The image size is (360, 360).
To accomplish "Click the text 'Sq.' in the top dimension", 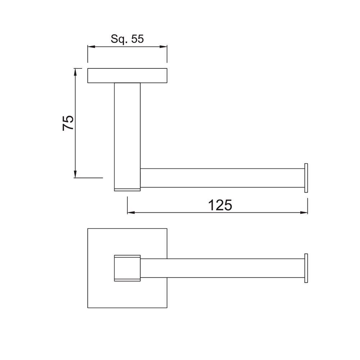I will (118, 39).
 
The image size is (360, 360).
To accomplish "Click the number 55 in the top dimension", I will (136, 39).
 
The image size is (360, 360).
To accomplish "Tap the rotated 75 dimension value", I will (68, 123).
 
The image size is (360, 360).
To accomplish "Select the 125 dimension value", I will (220, 205).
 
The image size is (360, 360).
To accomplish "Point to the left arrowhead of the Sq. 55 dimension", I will (91, 47).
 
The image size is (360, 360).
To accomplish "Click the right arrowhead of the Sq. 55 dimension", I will (164, 47).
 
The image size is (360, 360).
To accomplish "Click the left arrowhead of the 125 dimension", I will (130, 212).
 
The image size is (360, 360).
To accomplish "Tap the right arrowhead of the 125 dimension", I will (305, 212).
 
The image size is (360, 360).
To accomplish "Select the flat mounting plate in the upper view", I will (127, 76).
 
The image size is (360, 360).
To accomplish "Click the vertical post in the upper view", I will (127, 133).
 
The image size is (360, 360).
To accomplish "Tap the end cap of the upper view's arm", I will (306, 178).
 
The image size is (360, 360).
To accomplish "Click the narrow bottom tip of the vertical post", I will (127, 189).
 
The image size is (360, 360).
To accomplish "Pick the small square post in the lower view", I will (127, 268).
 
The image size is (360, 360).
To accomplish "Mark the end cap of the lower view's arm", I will (306, 268).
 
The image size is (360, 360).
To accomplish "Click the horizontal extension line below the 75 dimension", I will (88, 177).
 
